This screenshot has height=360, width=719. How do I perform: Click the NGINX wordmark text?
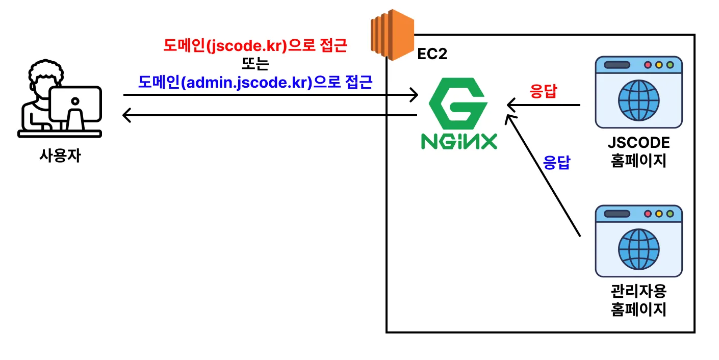click(458, 141)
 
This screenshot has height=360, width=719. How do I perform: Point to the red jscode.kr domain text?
click(255, 47)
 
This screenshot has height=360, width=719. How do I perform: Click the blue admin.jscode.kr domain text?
click(255, 82)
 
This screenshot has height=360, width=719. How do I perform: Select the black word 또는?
click(255, 64)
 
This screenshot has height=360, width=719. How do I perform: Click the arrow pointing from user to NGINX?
click(270, 95)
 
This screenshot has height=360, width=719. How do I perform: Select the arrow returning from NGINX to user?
click(270, 116)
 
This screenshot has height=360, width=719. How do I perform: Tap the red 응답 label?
click(544, 92)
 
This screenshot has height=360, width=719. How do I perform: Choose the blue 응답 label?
click(556, 163)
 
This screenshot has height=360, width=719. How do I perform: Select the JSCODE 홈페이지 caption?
click(638, 151)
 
